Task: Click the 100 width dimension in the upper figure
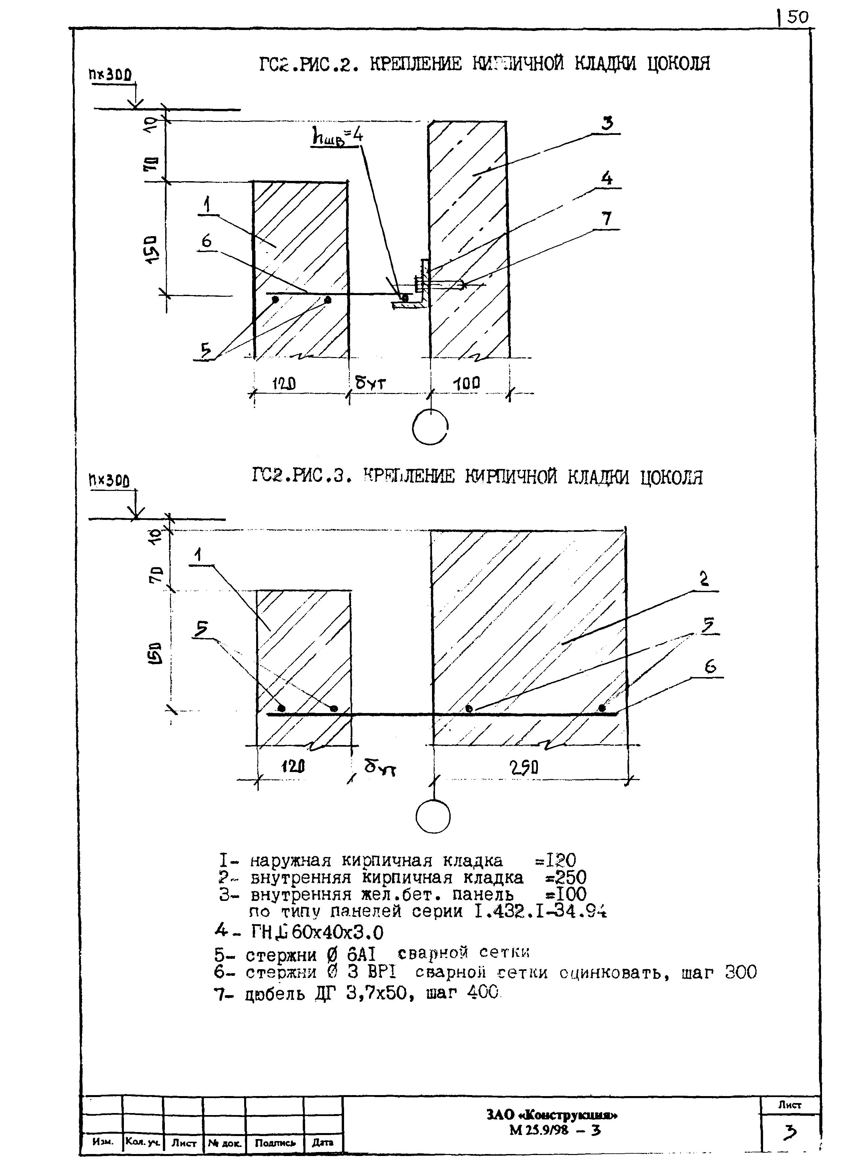(x=466, y=384)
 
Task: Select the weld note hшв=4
(x=337, y=137)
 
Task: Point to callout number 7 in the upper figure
(x=606, y=219)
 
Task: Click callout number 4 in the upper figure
(x=607, y=179)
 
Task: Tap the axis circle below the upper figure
(x=430, y=427)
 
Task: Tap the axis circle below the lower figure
(x=433, y=817)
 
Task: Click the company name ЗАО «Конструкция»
(x=552, y=1114)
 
